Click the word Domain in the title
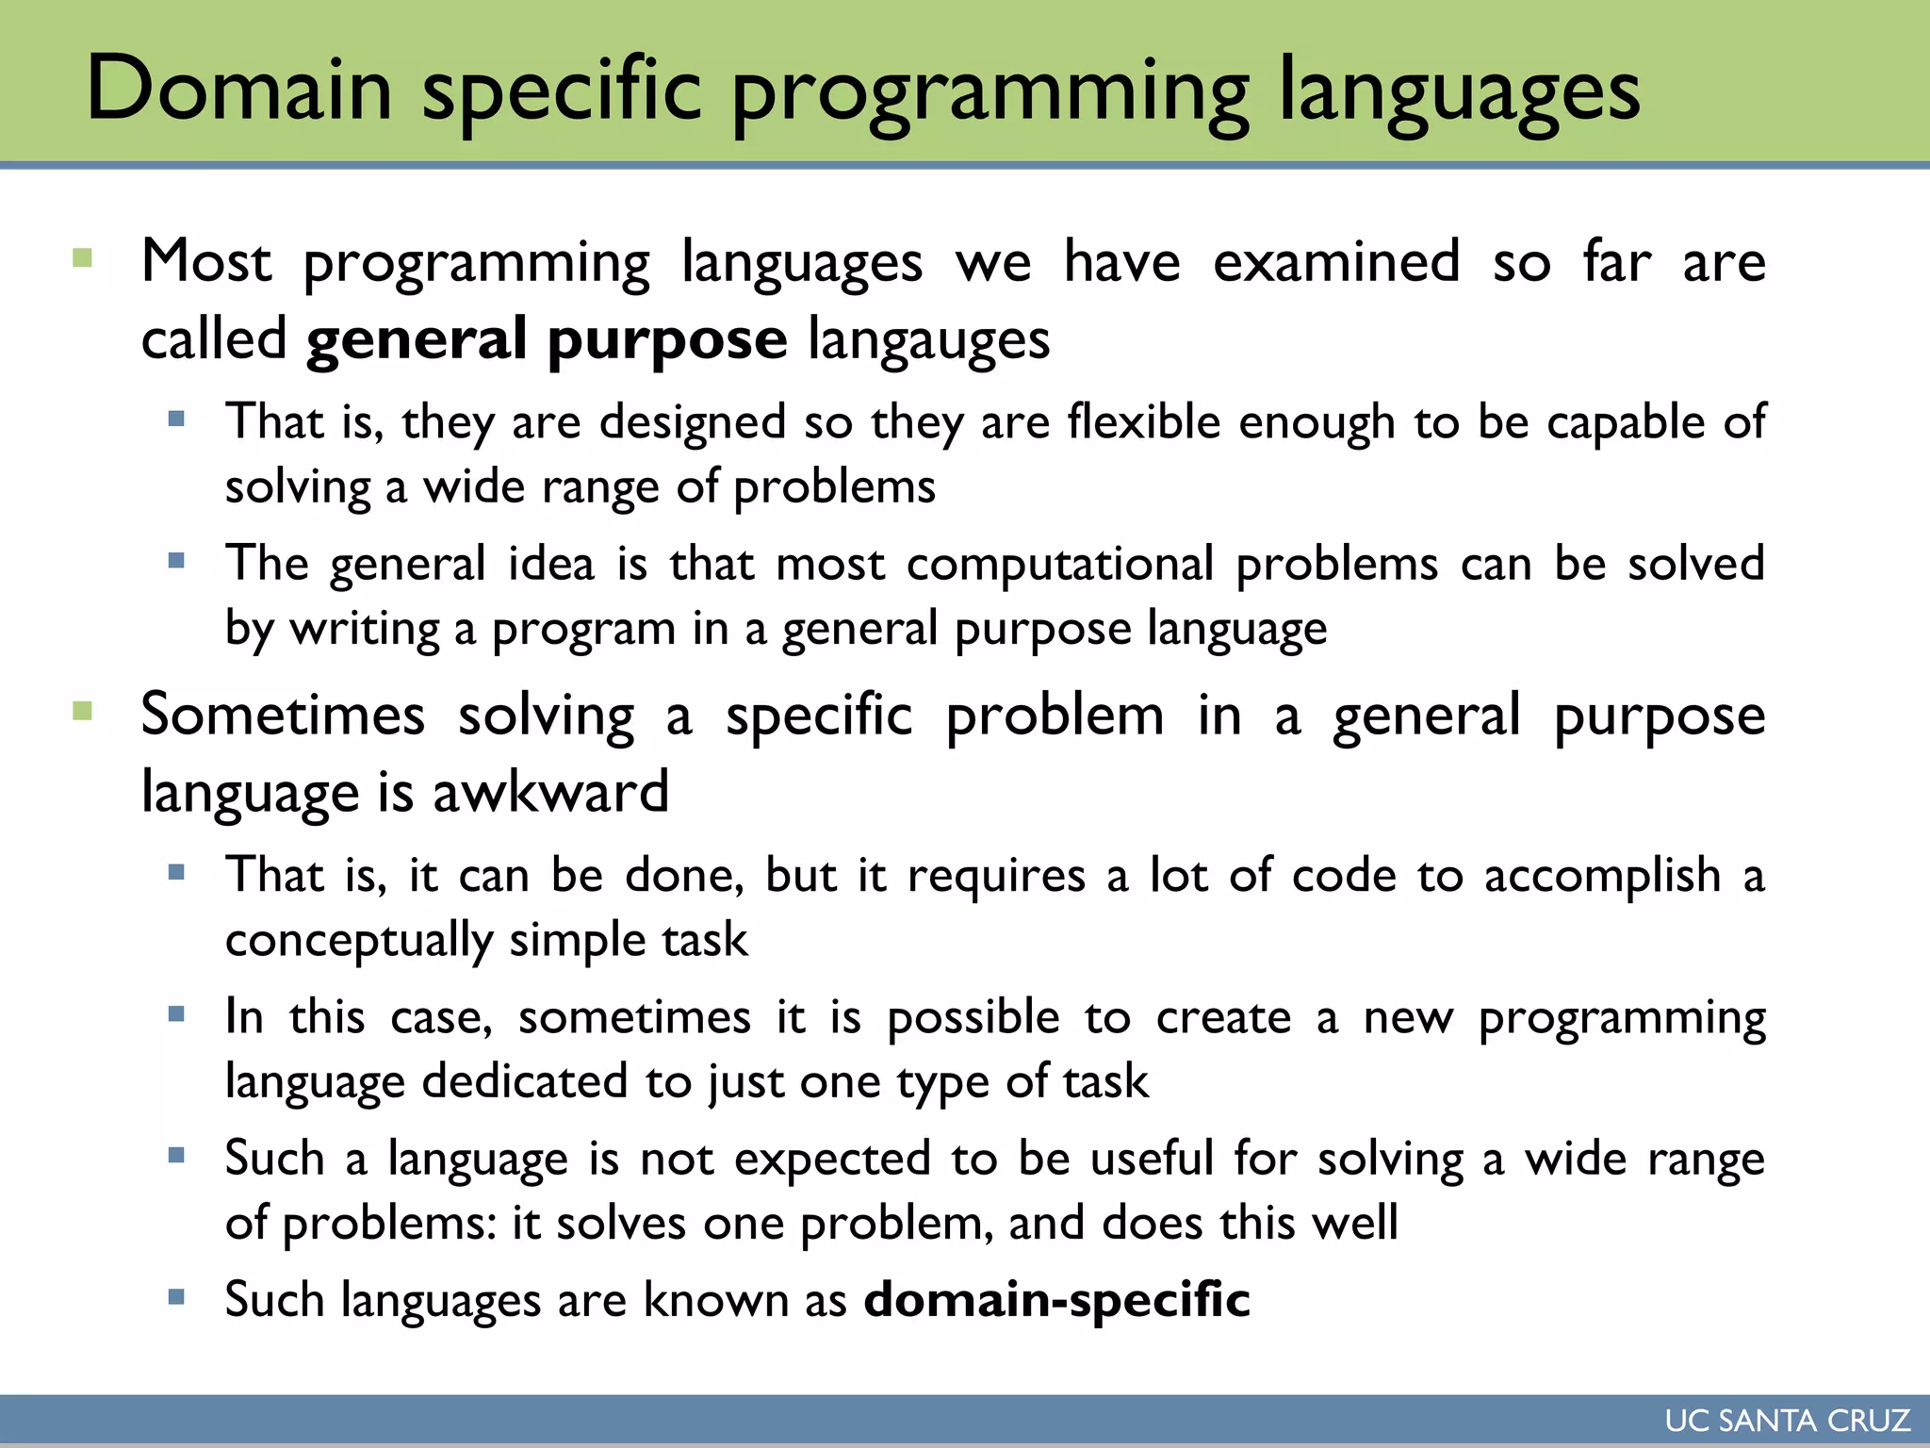pos(238,89)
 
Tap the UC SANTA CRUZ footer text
pos(1787,1420)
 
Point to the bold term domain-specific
pos(1056,1300)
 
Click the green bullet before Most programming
pos(83,258)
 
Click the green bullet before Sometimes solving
pos(83,711)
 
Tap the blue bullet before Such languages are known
pos(176,1296)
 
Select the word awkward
pos(550,792)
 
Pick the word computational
pos(1060,564)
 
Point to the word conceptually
pos(359,941)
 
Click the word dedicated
pos(525,1081)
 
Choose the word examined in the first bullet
pos(1336,262)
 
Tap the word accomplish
pos(1603,876)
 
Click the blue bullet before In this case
pos(176,1014)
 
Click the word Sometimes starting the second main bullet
pos(283,715)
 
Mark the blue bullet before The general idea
pos(176,561)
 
